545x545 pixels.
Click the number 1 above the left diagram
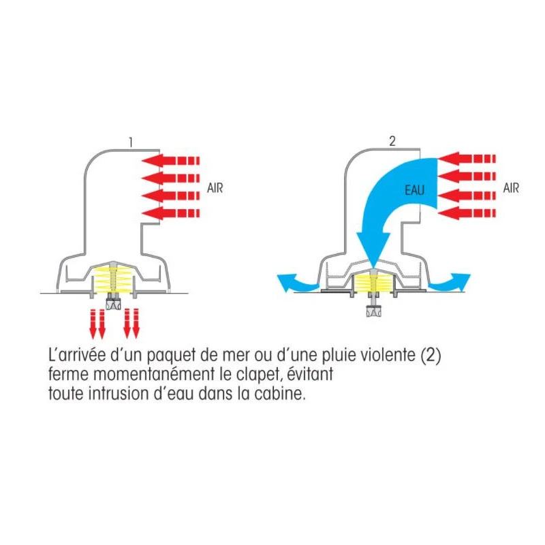tap(130, 143)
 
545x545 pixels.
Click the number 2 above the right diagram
tap(392, 142)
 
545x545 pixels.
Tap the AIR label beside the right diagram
tap(511, 188)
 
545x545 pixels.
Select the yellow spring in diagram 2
tap(373, 281)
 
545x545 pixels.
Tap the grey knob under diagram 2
tap(373, 313)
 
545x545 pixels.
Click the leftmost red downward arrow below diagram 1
tap(93, 323)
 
